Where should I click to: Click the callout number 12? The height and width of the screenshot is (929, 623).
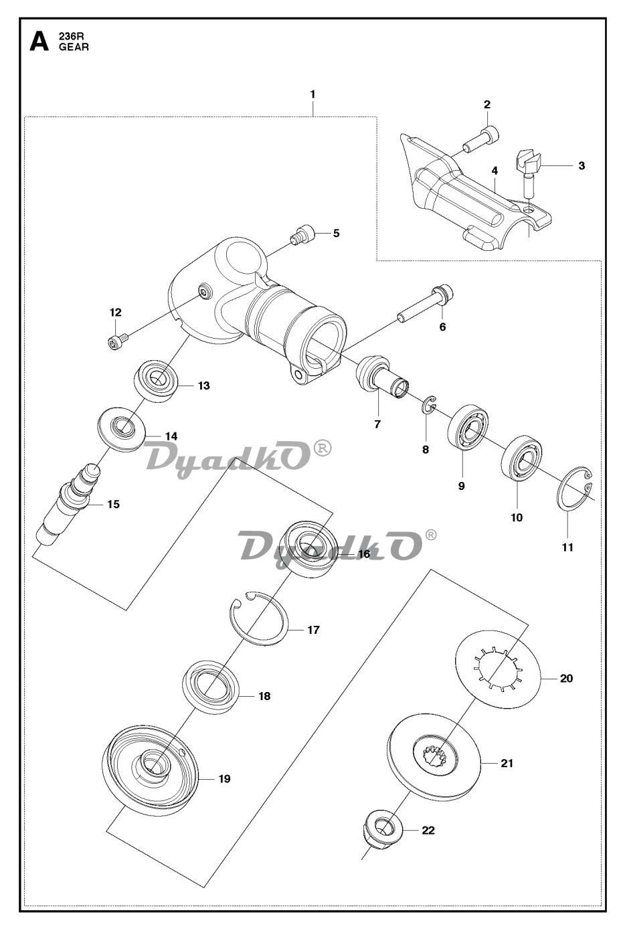coord(116,313)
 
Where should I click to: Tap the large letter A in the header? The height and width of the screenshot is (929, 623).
coord(39,42)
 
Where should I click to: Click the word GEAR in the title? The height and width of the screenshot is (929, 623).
coord(74,47)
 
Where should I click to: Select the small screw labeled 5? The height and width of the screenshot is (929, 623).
coord(302,235)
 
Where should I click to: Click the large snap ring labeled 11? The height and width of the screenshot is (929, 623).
coord(574,489)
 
